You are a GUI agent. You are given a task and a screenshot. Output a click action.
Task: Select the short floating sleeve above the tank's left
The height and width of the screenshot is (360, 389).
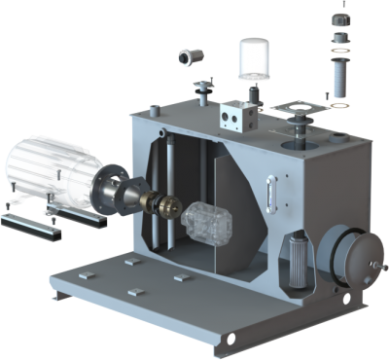point(186,57)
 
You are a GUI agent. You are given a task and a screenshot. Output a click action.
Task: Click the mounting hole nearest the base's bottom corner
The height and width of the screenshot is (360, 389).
point(231,339)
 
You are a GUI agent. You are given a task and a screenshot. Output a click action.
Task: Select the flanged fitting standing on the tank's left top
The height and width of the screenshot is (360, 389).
point(202,94)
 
